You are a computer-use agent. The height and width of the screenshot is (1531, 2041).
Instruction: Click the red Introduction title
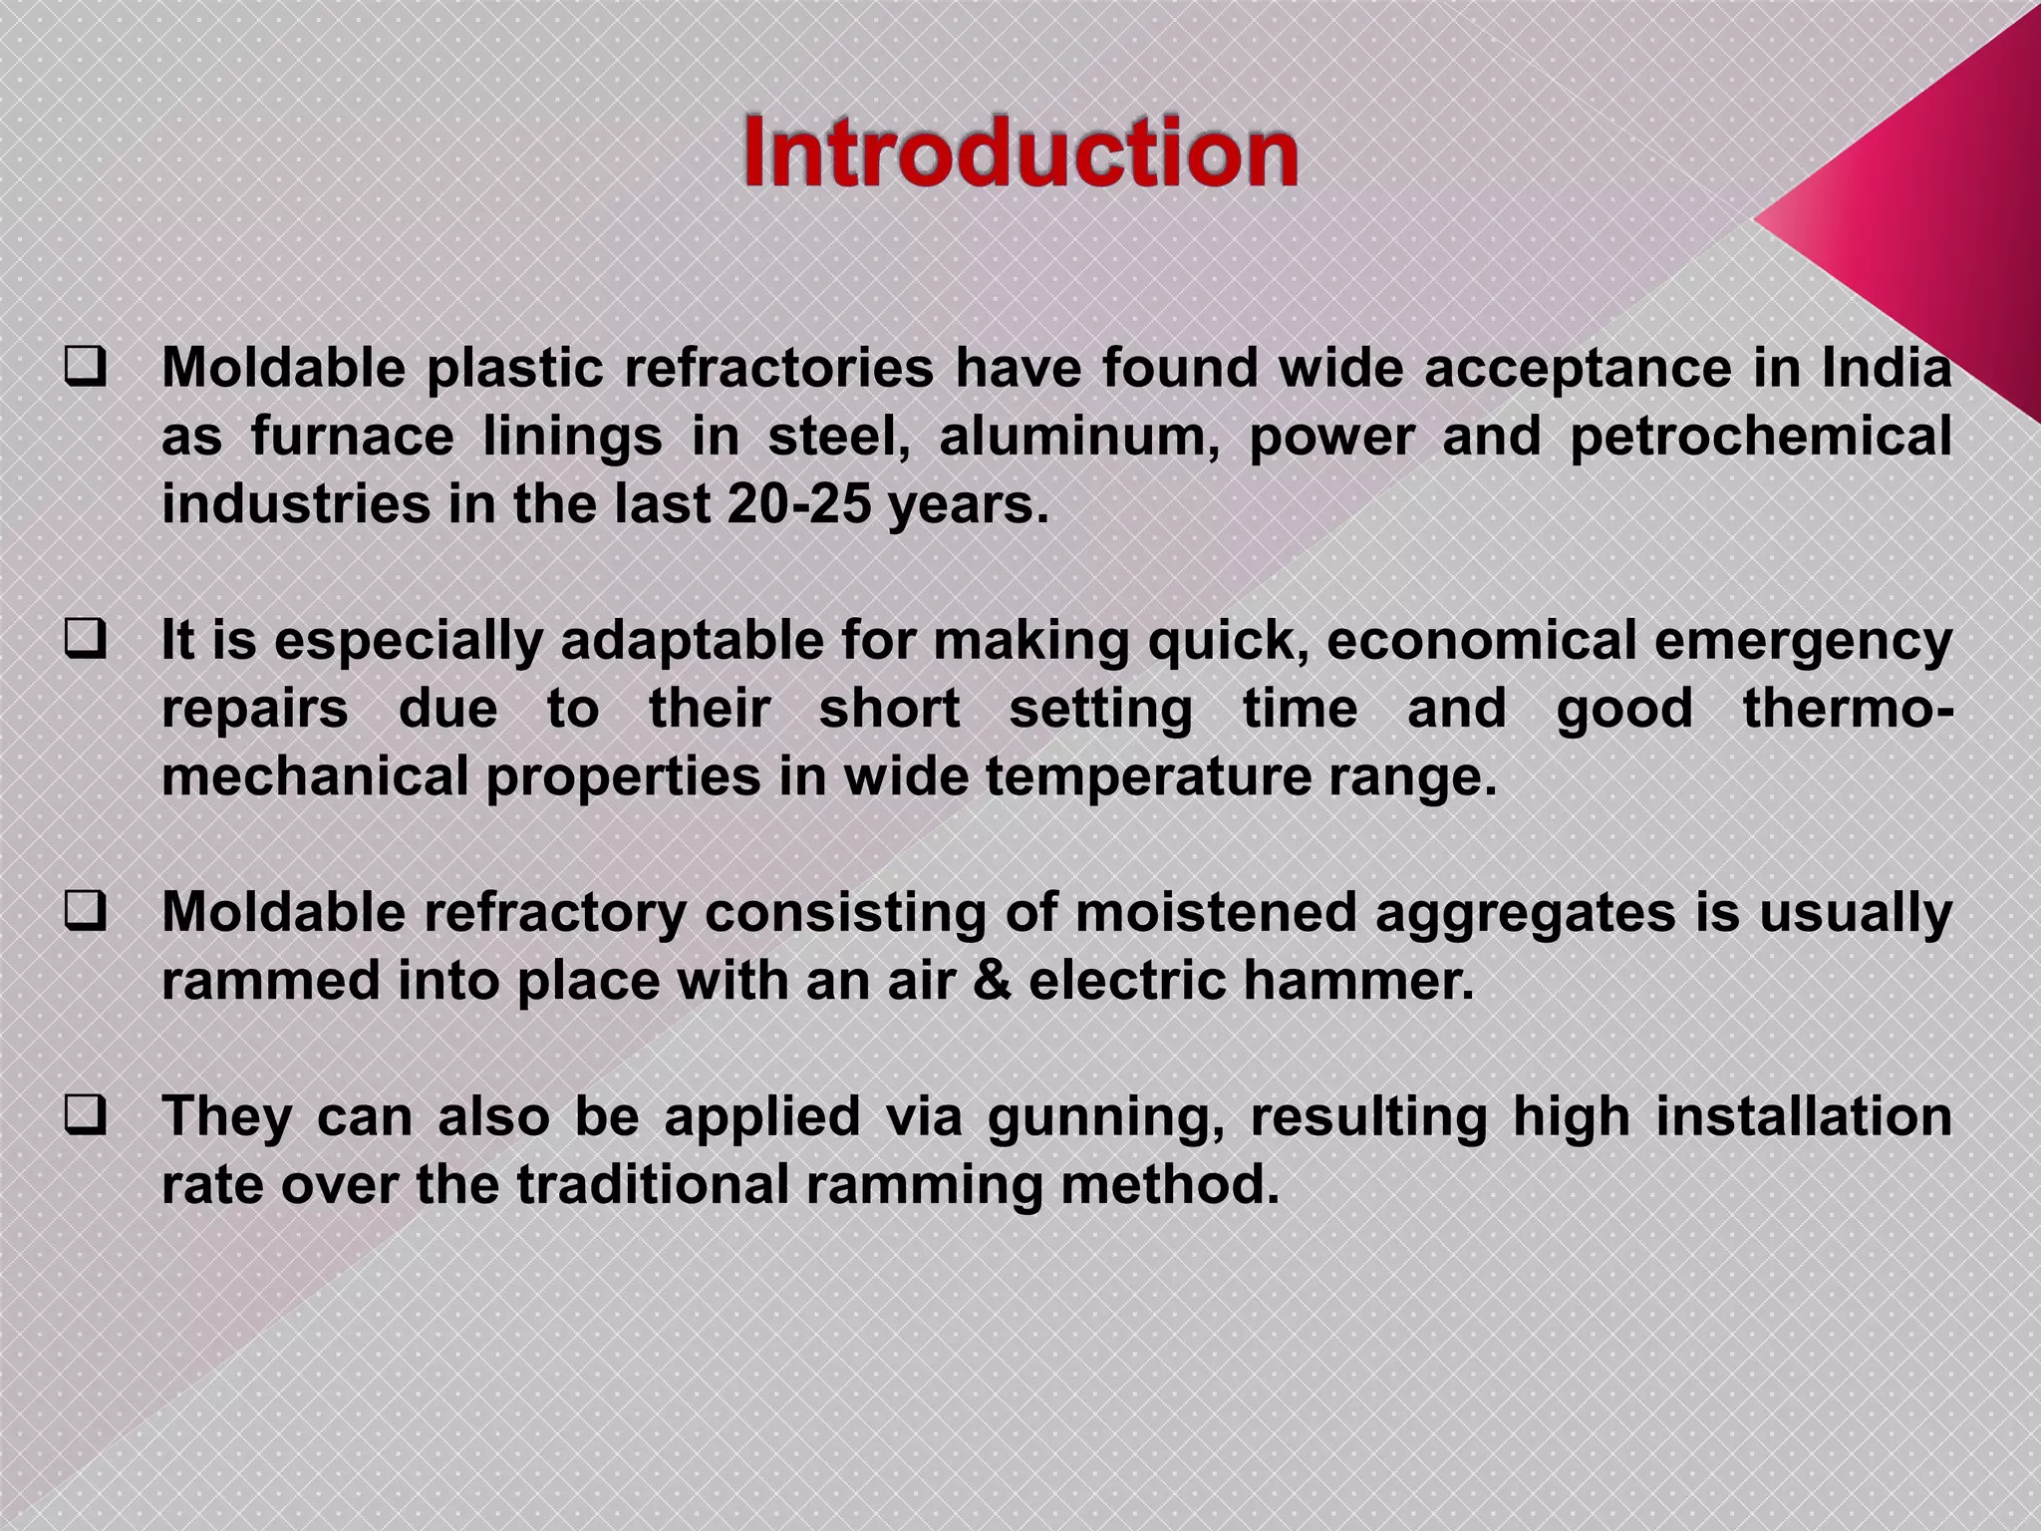tap(1020, 153)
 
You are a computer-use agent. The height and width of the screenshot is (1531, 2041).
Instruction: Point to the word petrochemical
tap(1760, 439)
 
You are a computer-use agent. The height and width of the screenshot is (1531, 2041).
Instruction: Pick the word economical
tap(1481, 641)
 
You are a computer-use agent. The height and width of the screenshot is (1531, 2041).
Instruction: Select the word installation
tap(1803, 1116)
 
